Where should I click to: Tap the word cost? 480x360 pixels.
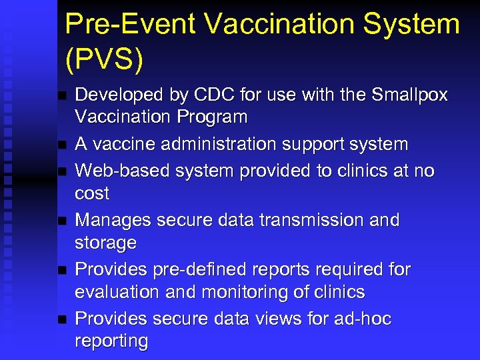coord(92,193)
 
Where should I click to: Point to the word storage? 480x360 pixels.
coord(105,243)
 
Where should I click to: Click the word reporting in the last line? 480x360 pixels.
coord(111,341)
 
